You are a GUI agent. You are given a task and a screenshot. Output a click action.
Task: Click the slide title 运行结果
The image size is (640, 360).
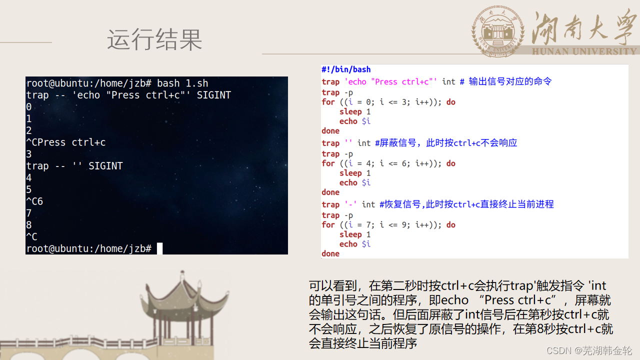(x=154, y=39)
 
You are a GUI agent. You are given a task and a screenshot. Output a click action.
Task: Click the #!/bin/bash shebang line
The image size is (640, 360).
(x=346, y=69)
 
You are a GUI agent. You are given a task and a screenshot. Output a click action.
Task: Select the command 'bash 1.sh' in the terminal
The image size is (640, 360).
(x=182, y=83)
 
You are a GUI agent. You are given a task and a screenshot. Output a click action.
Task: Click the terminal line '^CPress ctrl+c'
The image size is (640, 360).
(x=66, y=142)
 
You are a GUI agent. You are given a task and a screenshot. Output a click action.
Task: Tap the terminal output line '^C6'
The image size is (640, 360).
(x=34, y=201)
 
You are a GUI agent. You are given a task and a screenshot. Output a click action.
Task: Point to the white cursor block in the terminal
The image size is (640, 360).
(x=159, y=248)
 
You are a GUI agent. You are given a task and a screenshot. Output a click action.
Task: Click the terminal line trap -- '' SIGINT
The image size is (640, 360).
(x=74, y=166)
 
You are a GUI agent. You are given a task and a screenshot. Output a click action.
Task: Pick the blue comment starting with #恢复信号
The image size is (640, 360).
(x=466, y=204)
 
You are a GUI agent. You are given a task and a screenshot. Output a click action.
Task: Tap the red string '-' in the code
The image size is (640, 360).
(x=350, y=204)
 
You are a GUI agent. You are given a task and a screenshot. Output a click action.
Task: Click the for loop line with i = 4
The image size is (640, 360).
(x=388, y=163)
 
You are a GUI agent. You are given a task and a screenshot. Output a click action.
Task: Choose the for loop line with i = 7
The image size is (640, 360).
(x=388, y=225)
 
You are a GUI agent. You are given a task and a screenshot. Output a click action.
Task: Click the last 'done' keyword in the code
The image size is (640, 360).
(x=330, y=254)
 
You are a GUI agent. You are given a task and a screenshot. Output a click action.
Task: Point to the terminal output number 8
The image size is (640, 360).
(x=29, y=225)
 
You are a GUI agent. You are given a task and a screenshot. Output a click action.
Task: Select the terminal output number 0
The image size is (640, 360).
(x=29, y=107)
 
